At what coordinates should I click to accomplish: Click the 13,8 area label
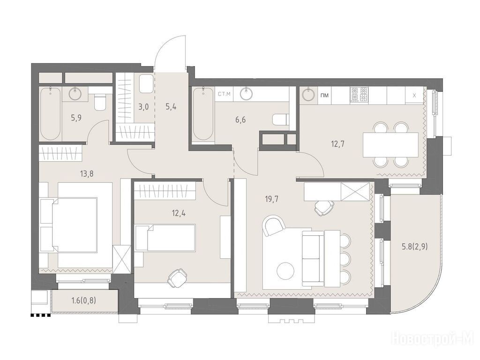[87, 174]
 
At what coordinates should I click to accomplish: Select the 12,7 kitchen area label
[337, 143]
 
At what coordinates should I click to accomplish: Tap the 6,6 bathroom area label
[240, 120]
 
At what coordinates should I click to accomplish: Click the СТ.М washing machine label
[224, 94]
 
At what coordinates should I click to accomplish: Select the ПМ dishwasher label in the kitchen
[324, 95]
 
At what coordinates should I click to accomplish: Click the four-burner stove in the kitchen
[359, 95]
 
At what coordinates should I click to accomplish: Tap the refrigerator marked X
[414, 96]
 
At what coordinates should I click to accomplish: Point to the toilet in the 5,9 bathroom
[99, 102]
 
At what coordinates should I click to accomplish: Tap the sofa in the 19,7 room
[313, 259]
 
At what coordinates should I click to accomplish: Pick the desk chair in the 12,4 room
[177, 278]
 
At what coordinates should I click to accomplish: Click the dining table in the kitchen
[390, 144]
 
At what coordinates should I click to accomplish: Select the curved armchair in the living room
[274, 225]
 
